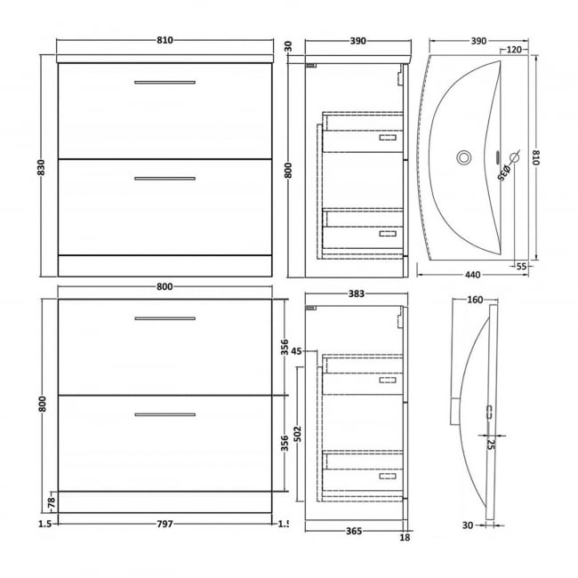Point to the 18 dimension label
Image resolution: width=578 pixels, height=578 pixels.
(405, 537)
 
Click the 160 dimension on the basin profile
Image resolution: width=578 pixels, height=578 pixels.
(474, 300)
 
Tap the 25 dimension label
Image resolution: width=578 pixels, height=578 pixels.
(491, 443)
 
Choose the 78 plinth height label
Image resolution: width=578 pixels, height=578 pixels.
(50, 503)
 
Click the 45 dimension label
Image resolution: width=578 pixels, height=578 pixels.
(296, 350)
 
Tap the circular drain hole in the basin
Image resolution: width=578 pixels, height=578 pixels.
(463, 158)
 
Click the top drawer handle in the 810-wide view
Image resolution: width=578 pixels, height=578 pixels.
(165, 83)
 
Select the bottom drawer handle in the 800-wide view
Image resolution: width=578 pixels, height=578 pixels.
(165, 413)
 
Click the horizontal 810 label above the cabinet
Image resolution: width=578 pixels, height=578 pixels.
(165, 40)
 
